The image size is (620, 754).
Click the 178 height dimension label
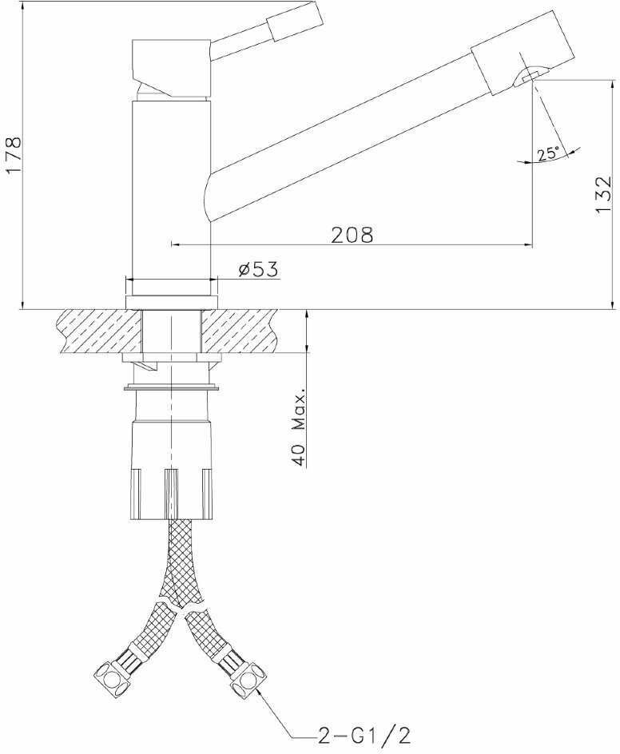coord(13,157)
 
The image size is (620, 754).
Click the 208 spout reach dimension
coord(352,235)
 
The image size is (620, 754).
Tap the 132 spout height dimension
coord(602,195)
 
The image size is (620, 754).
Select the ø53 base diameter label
coord(259,270)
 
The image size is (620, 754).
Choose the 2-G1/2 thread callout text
coord(364,736)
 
